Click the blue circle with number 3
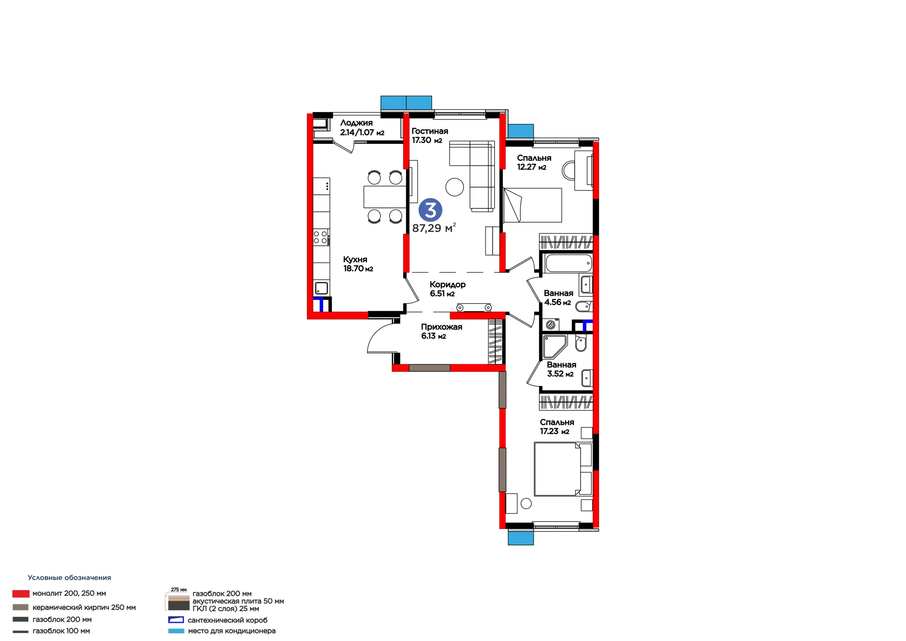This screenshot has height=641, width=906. (430, 210)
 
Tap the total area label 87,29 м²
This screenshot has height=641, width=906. (434, 228)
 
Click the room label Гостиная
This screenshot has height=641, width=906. (430, 131)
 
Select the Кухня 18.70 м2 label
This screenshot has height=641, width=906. (358, 264)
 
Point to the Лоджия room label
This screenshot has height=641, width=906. (356, 123)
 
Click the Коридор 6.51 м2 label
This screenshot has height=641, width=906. (447, 289)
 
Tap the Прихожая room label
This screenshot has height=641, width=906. (442, 327)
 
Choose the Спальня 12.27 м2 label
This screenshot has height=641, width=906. (534, 162)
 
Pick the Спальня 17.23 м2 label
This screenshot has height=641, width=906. (557, 426)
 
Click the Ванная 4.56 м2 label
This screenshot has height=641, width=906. (558, 297)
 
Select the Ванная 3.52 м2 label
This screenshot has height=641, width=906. (561, 369)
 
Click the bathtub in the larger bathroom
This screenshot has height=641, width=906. (568, 263)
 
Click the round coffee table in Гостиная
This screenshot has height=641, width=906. (454, 187)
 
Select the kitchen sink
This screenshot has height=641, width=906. (321, 288)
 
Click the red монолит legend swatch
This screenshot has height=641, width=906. (21, 594)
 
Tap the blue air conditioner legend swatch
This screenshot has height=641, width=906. (176, 631)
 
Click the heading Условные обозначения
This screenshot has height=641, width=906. (69, 577)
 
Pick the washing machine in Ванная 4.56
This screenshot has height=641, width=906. (551, 325)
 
